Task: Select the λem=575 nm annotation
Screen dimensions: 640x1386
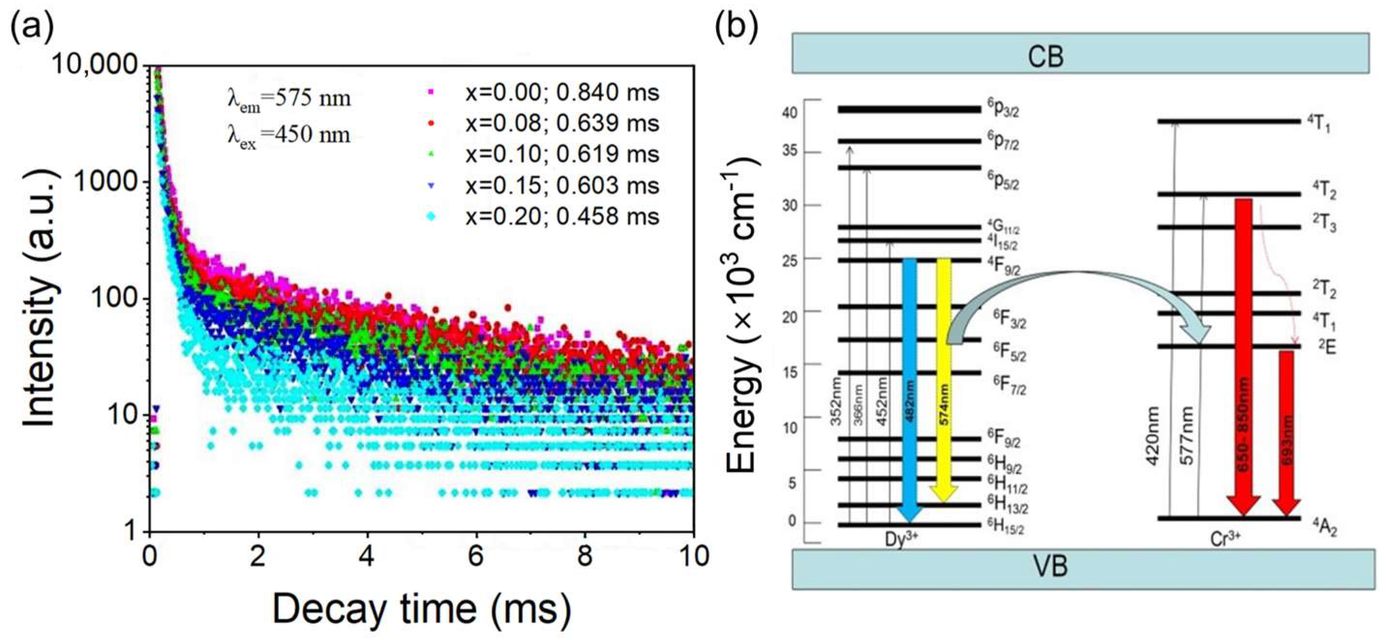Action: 288,100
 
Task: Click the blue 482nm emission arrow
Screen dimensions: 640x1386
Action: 909,387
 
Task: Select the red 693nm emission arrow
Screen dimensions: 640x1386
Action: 1286,430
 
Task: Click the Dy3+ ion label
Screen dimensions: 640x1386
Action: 901,539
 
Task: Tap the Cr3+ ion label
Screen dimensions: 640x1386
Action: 1225,539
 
